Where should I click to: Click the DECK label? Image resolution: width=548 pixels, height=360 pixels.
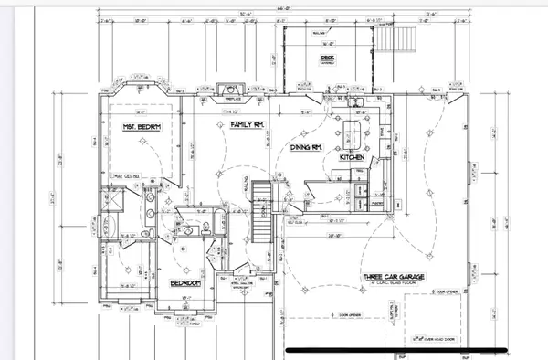pyautogui.click(x=326, y=59)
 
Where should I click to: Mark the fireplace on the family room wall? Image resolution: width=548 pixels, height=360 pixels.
pyautogui.click(x=226, y=89)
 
